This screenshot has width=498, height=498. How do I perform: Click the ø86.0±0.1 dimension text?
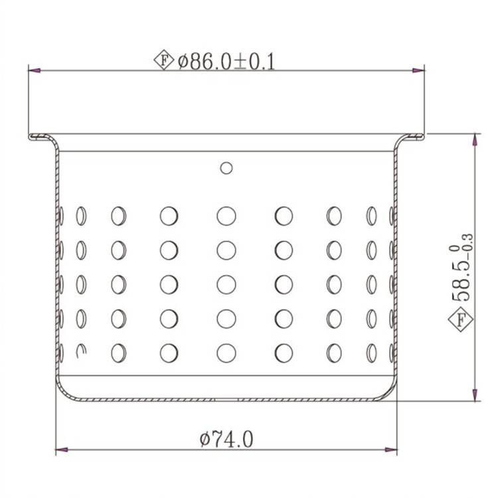pos(226,62)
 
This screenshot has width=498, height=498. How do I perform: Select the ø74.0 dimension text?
pos(226,440)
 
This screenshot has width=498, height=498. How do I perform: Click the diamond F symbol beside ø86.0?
pos(164,60)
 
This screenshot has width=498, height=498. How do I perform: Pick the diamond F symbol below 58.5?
pos(461,319)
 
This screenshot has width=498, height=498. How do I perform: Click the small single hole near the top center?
pos(226,168)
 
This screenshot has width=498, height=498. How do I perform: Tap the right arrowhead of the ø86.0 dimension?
pos(418,70)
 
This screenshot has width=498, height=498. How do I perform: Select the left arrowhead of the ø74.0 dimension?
pos(62,450)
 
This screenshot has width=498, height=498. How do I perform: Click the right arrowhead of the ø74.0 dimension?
pos(391,450)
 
